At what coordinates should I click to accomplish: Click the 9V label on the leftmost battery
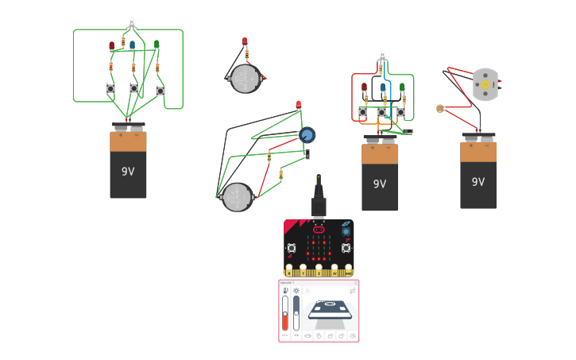click(x=128, y=171)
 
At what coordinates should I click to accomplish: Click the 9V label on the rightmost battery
click(x=477, y=182)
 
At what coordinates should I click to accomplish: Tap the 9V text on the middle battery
click(x=380, y=184)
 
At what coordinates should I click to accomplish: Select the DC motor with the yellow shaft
click(x=485, y=83)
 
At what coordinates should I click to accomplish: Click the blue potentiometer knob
click(x=307, y=134)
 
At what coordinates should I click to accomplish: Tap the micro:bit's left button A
click(x=292, y=248)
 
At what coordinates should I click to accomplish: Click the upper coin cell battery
click(x=245, y=79)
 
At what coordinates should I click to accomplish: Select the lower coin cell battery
click(x=236, y=196)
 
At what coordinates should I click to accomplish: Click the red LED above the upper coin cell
click(x=245, y=42)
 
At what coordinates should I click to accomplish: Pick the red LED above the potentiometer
click(x=299, y=105)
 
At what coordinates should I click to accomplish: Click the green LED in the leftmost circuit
click(x=157, y=45)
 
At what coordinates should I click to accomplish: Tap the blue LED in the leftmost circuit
click(x=133, y=46)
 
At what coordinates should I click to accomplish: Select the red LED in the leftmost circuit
click(x=112, y=46)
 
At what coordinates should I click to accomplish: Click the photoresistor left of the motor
click(x=439, y=108)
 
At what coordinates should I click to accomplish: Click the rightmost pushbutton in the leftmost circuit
click(x=160, y=91)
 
